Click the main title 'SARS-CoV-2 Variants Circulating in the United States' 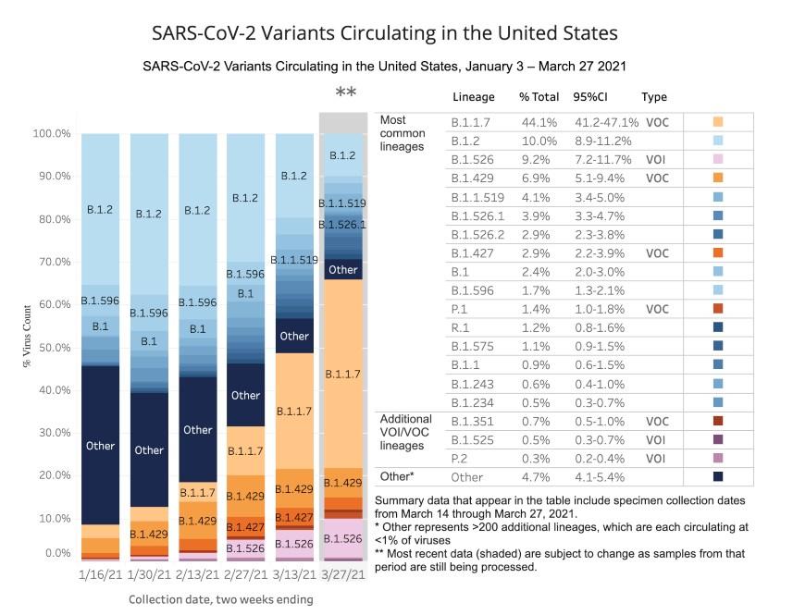point(384,34)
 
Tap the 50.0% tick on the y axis point(53,348)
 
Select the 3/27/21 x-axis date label point(341,574)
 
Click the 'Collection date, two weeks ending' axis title point(220,599)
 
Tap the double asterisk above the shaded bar point(345,92)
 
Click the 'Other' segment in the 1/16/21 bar point(100,446)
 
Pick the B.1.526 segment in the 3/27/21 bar point(343,538)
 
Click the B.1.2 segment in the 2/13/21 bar point(197,211)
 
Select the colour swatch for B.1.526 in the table point(718,159)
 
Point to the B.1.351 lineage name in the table point(472,421)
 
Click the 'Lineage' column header point(474,97)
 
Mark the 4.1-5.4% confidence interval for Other point(602,477)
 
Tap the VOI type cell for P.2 point(657,459)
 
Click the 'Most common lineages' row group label point(406,133)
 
